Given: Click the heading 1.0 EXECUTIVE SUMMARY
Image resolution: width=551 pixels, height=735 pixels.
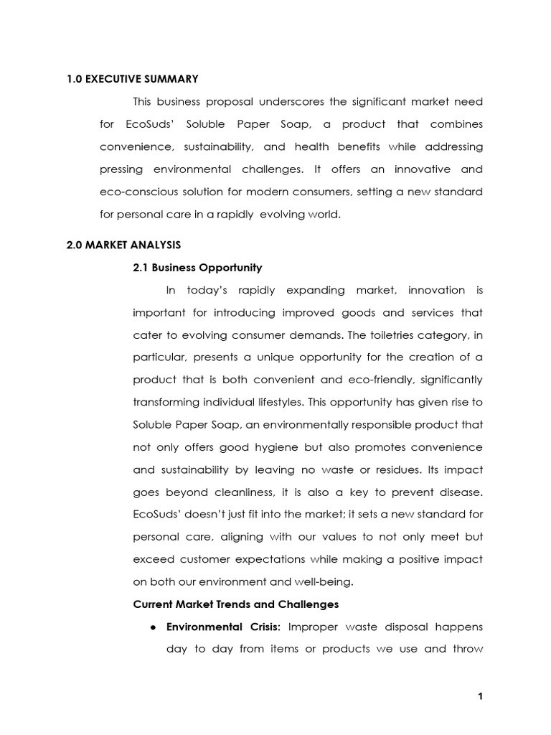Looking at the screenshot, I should coord(132,79).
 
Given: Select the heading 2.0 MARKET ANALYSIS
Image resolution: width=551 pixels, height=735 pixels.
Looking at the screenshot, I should coord(123,245).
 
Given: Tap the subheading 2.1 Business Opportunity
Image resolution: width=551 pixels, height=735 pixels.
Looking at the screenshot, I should coord(198,268).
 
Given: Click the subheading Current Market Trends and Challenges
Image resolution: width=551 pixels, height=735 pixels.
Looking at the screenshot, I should coord(236,604).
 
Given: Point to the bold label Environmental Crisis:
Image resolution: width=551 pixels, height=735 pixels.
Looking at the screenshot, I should coord(224,627).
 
